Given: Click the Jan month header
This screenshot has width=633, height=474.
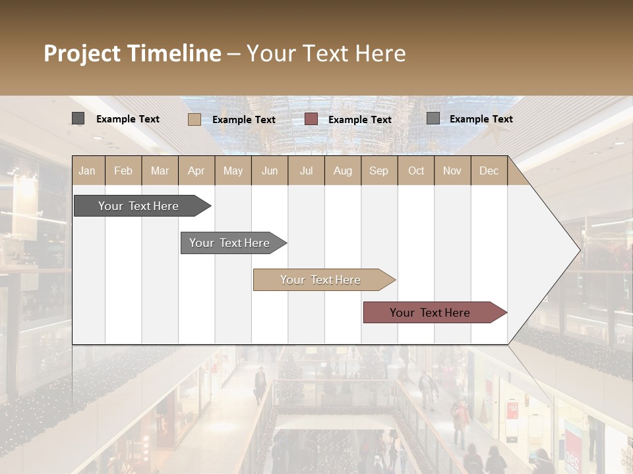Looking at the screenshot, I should [88, 171].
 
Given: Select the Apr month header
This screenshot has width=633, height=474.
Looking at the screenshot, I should [196, 171].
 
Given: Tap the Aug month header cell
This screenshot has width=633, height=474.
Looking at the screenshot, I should [343, 171].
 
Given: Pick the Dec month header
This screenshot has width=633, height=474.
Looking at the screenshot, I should [489, 171].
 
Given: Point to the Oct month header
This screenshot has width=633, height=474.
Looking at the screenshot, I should [416, 171].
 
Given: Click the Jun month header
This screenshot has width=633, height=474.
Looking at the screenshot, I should [270, 171].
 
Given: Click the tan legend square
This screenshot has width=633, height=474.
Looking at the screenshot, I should [194, 119].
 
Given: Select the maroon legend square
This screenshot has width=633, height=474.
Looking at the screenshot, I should [311, 119].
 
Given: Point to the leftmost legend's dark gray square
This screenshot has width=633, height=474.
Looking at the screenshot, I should [78, 118].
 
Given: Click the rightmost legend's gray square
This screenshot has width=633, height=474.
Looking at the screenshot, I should [433, 118].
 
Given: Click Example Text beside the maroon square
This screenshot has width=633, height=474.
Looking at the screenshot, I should [360, 120].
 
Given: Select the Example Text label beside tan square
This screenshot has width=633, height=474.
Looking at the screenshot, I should [244, 120].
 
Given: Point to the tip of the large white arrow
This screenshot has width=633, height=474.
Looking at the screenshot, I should [579, 250].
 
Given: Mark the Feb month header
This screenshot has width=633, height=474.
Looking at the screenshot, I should [123, 171].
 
